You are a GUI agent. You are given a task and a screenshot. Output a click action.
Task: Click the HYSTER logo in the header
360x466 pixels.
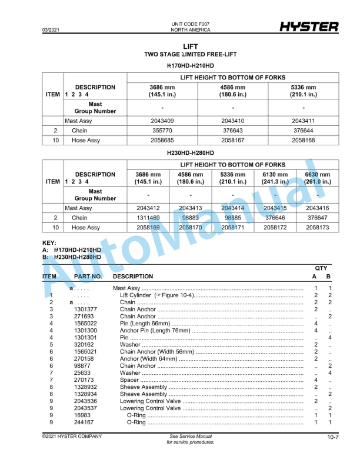click(308, 26)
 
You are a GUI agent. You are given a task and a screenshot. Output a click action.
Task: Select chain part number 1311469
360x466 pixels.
click(148, 218)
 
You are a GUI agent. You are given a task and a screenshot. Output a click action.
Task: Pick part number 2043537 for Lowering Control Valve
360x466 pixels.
click(85, 408)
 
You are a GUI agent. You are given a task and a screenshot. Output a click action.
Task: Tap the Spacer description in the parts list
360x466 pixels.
click(130, 380)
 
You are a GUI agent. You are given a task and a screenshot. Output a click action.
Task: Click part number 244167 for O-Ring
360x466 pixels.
click(85, 422)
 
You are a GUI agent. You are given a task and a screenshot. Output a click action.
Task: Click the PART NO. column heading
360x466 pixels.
click(88, 276)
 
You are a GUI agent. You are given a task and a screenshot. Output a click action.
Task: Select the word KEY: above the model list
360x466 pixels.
click(49, 243)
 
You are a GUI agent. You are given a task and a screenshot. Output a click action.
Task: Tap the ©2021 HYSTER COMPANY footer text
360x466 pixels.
click(72, 436)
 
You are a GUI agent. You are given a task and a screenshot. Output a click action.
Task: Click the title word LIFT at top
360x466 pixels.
click(191, 46)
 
